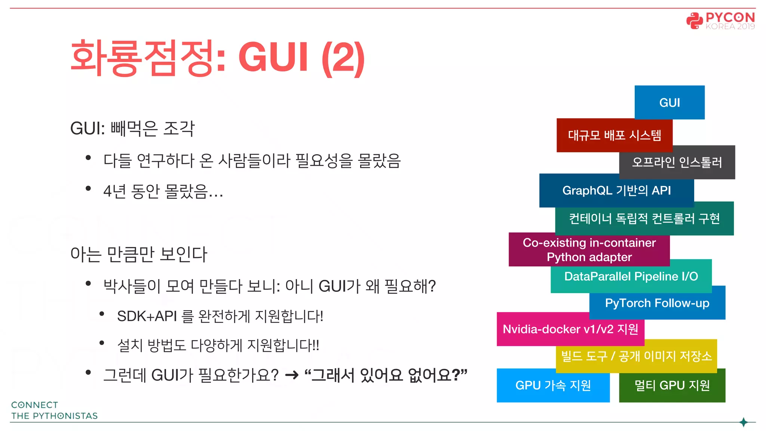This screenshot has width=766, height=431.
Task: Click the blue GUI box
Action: coord(670,102)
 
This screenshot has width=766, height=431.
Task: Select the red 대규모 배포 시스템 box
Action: coord(614,135)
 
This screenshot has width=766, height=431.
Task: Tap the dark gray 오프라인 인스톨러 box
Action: coord(677,162)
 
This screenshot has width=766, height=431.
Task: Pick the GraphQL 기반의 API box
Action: coord(616,190)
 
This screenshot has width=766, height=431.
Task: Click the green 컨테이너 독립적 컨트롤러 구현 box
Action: coord(644,218)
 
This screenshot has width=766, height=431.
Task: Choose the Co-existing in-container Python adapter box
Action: coord(589,250)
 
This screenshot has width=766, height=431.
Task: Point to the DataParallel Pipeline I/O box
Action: coord(631,276)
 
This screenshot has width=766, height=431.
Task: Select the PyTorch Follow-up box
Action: coord(657,303)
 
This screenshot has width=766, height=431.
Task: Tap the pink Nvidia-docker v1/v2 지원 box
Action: coord(570,329)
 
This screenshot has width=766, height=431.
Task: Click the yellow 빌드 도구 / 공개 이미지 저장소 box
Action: coord(636,356)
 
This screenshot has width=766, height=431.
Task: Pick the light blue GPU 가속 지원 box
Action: coord(553,385)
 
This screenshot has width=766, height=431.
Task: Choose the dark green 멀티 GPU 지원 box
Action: coord(672,385)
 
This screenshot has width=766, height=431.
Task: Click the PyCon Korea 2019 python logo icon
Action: coord(694,21)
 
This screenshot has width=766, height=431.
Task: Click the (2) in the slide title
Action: coord(343,58)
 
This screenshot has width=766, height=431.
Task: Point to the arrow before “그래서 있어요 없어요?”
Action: coord(292,375)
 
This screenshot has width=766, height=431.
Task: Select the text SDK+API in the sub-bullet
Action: coord(147,317)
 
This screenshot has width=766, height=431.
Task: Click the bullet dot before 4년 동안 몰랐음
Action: coord(88,189)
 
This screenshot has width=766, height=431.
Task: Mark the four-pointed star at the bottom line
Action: coord(744,422)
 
